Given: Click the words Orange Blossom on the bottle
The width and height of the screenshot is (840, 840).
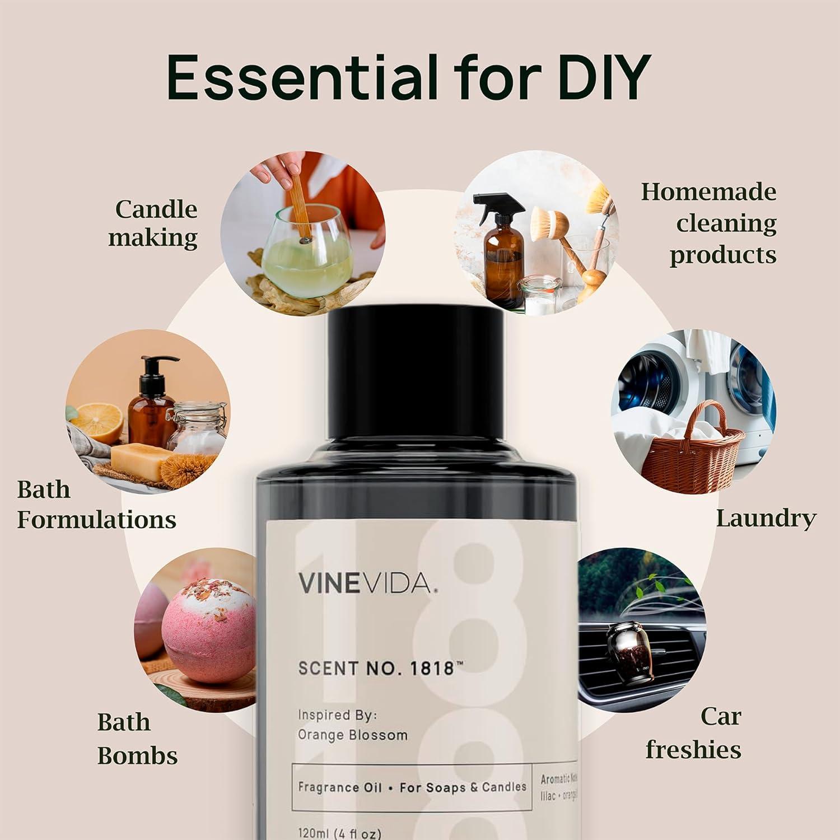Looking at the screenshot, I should click(x=353, y=735).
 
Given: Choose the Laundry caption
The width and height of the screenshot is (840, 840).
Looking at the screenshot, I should click(x=766, y=519).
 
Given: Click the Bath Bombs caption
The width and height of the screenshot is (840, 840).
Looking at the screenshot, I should click(x=137, y=739).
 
